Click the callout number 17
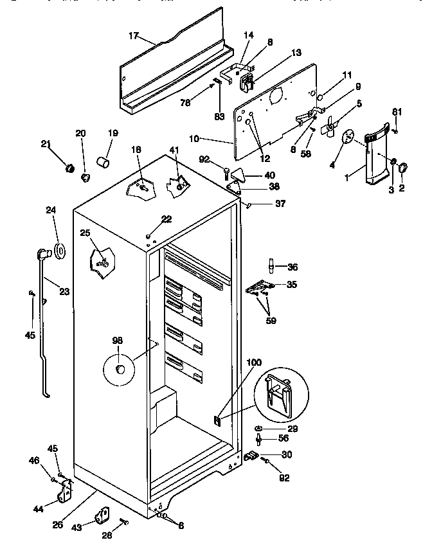point(133,36)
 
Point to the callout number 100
point(255,363)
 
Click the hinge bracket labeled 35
point(263,283)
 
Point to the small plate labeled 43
point(102,516)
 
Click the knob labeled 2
point(404,168)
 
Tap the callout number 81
point(397,112)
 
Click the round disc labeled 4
point(349,137)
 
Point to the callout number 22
point(166,219)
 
